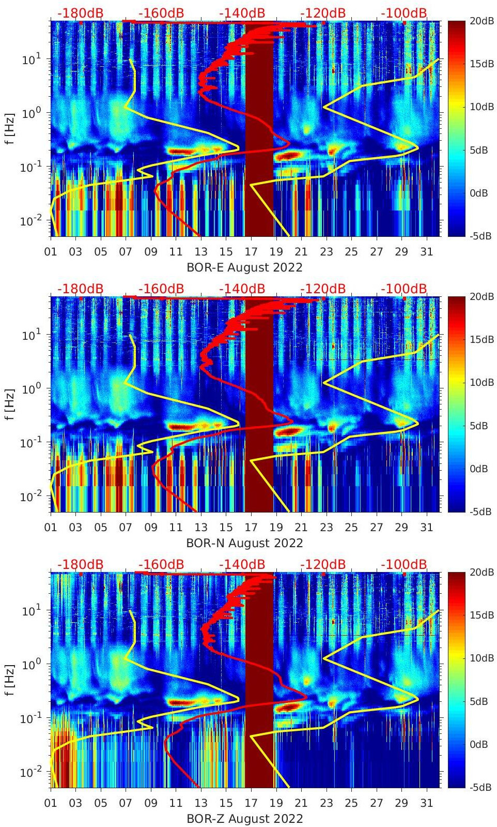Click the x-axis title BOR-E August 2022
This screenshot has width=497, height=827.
(244, 267)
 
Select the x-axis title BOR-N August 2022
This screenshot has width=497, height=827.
(244, 543)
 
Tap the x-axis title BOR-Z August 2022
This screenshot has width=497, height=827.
(244, 819)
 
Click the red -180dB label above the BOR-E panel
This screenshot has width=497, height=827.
(80, 13)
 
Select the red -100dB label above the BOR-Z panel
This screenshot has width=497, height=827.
(404, 564)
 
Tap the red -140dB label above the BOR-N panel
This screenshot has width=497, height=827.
(242, 289)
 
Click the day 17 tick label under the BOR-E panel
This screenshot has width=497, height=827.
(251, 252)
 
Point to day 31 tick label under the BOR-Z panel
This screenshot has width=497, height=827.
(426, 803)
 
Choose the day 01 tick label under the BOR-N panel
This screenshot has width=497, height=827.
(51, 528)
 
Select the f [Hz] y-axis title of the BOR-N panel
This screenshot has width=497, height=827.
(10, 404)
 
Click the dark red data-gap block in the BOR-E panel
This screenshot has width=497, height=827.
(259, 129)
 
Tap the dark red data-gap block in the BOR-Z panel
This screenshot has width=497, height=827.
(259, 680)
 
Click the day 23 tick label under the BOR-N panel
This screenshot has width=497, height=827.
(326, 528)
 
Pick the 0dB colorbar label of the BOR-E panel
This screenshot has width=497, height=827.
(480, 193)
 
